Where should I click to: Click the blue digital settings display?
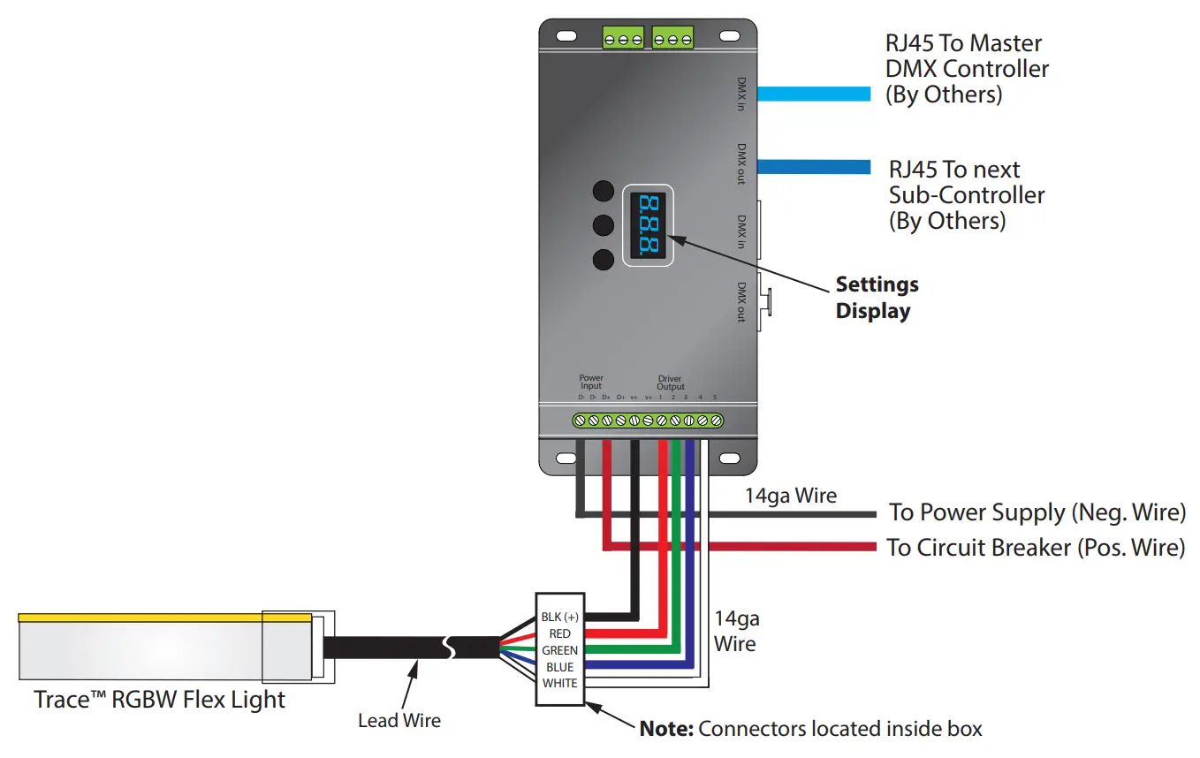pos(648,225)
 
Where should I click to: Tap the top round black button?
pos(603,191)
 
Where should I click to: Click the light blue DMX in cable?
pos(814,94)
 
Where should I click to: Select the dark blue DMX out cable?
pos(814,166)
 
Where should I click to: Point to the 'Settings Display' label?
pos(877,298)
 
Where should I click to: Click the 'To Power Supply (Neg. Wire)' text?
pos(1037,512)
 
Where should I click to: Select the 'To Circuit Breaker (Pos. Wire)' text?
pos(1035,548)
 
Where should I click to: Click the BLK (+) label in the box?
pos(559,617)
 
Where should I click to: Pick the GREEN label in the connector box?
pos(559,650)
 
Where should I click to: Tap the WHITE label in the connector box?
pos(559,683)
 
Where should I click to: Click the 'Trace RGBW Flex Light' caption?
pos(160,701)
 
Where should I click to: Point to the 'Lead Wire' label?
pos(399,721)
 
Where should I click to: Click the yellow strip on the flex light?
pos(164,617)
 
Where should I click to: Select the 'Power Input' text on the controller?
pos(590,382)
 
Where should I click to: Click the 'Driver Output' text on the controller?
pos(670,383)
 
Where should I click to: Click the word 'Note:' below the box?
pos(666,730)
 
